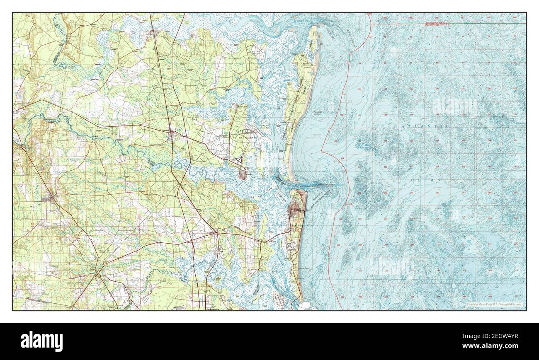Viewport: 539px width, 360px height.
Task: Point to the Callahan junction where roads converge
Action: (x=97, y=274)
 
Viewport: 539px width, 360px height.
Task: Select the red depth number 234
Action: (x=342, y=159)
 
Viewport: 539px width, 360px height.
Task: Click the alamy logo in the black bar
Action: (x=42, y=341)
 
